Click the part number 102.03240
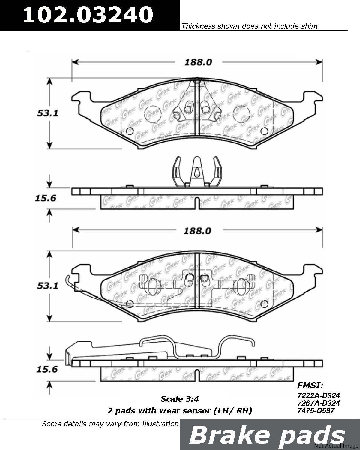pos(88,14)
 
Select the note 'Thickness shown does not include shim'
pos(249,26)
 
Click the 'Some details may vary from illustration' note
pos(110,424)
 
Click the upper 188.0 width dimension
pos(198,62)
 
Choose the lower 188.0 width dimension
pos(197,231)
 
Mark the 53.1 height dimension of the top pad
pos(47,113)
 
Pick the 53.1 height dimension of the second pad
pos(47,286)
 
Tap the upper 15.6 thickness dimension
pos(46,198)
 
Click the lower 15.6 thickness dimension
pos(47,370)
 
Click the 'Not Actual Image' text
pos(336,446)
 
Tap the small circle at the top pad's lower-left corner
pos(130,131)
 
